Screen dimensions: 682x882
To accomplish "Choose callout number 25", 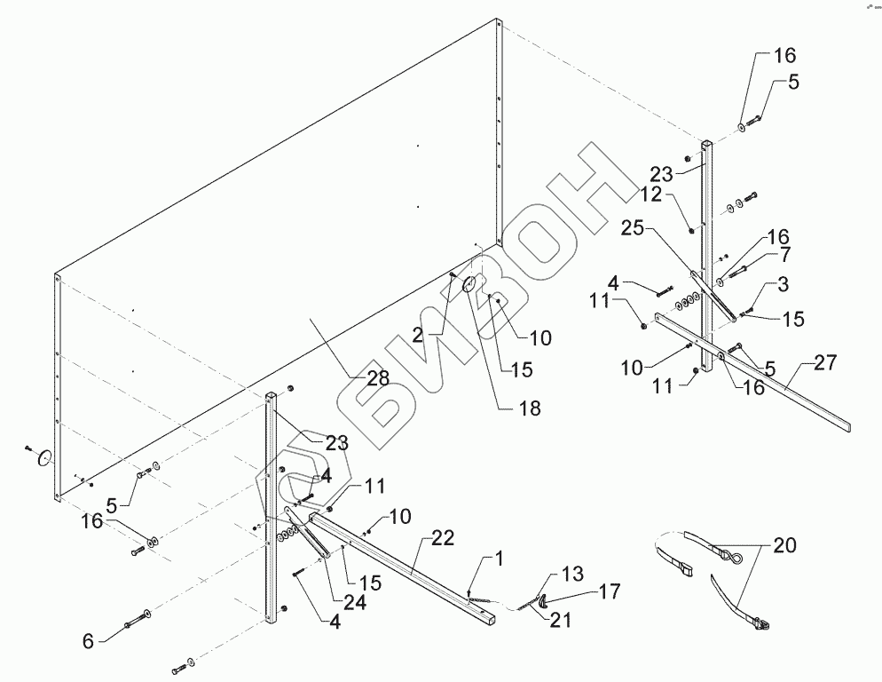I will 658,230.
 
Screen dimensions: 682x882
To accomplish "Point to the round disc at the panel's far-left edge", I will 42,459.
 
